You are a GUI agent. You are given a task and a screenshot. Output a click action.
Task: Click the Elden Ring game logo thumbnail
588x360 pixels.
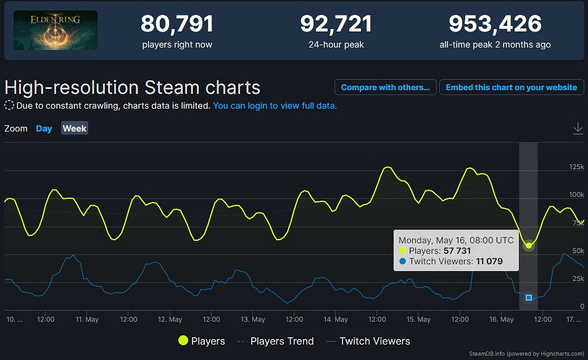click(x=56, y=30)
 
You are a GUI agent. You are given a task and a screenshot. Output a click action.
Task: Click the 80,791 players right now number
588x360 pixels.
click(x=177, y=24)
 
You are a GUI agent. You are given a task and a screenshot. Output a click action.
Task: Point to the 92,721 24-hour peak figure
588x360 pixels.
click(x=336, y=24)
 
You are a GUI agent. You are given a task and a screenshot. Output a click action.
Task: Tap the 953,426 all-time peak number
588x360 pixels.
click(x=495, y=24)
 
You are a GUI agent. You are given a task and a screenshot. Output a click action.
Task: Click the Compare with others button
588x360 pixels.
click(x=385, y=87)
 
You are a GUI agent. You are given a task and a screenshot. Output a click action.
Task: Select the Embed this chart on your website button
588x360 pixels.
click(x=511, y=87)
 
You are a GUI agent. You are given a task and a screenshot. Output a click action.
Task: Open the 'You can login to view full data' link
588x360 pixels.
click(x=275, y=106)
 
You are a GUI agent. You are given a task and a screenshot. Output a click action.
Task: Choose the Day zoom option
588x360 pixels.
click(x=44, y=128)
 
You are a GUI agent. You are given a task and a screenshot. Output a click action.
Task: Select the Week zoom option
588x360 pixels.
click(x=75, y=128)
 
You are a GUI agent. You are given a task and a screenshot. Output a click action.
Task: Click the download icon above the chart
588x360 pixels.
click(x=578, y=128)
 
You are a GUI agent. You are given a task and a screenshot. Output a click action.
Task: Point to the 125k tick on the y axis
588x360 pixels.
click(x=576, y=167)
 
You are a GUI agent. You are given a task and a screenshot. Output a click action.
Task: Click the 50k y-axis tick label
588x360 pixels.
click(x=578, y=251)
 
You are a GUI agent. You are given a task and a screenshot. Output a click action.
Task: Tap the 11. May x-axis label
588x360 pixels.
click(x=87, y=319)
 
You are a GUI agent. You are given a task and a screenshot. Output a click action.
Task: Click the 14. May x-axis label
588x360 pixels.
click(x=336, y=319)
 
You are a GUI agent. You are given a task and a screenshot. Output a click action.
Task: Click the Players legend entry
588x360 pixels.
click(x=201, y=341)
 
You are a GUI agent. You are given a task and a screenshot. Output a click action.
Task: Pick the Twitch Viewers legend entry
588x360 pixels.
click(x=368, y=341)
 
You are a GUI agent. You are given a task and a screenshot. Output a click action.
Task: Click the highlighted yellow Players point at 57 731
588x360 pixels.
click(x=529, y=245)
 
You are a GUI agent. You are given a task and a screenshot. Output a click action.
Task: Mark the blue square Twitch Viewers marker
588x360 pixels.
click(x=529, y=298)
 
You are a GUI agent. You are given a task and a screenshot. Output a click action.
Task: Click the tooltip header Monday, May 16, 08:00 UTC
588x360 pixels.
click(x=456, y=240)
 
